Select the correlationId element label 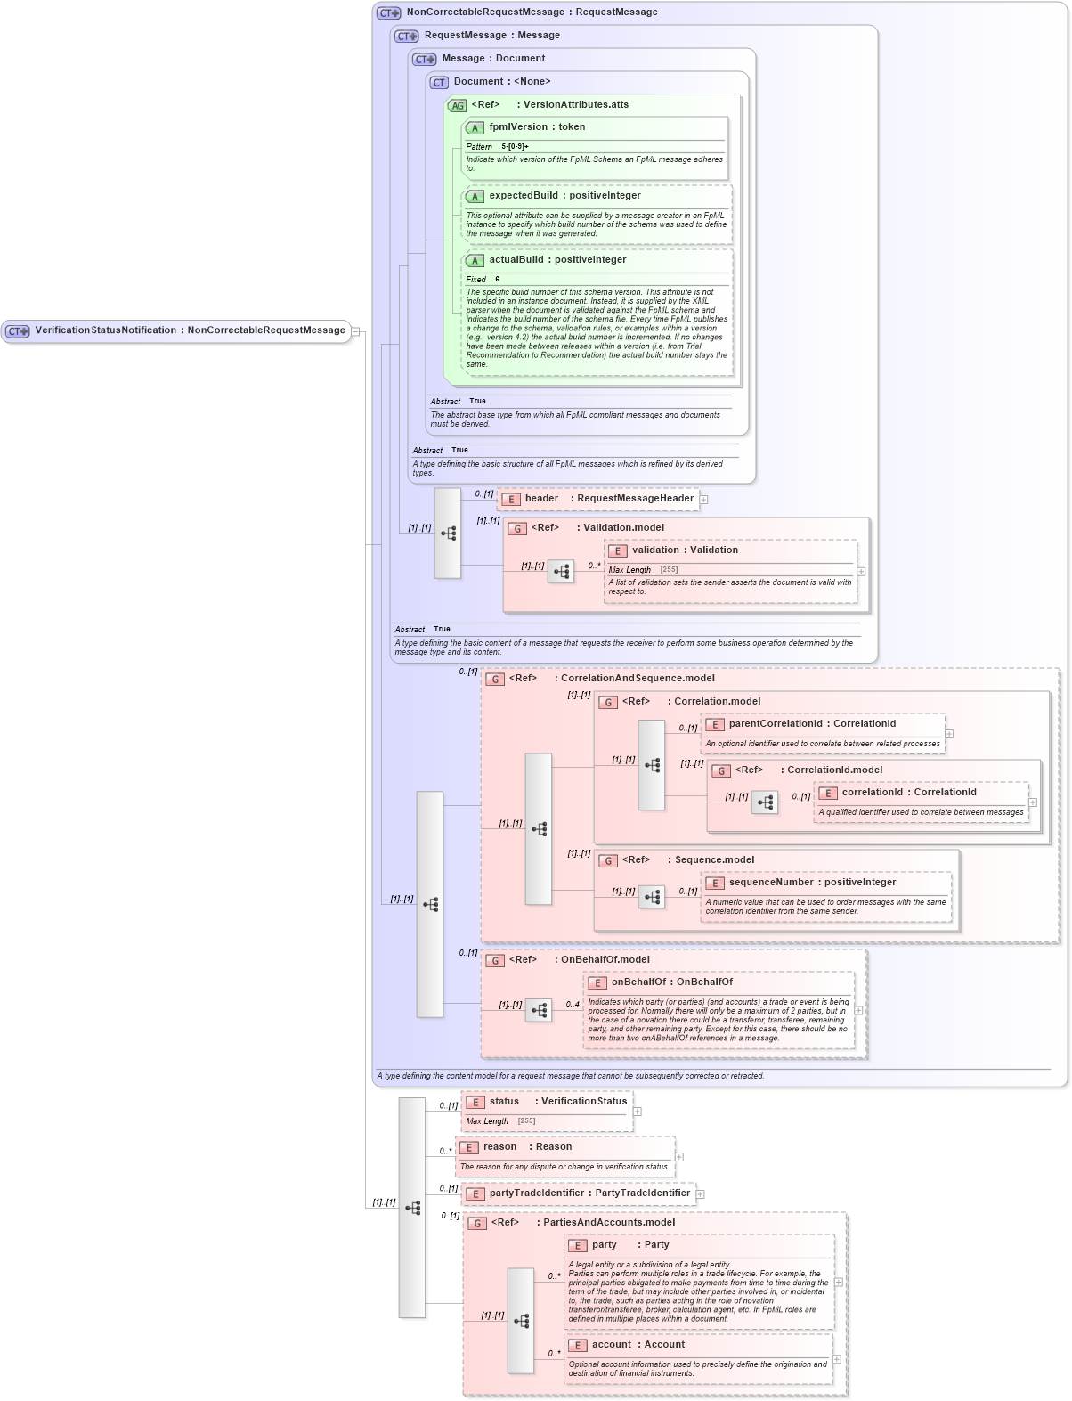[909, 793]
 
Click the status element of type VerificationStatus [557, 1102]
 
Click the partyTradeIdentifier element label [589, 1193]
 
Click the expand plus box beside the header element [703, 500]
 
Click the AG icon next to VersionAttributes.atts [457, 106]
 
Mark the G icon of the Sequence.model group [608, 861]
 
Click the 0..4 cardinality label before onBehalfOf [573, 1005]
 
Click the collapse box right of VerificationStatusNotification [354, 331]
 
